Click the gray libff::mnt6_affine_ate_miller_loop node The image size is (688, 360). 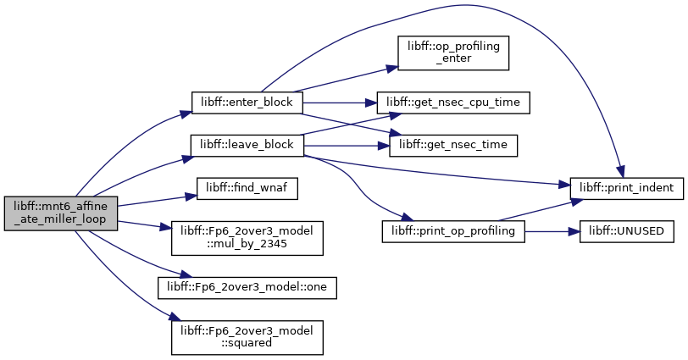point(61,213)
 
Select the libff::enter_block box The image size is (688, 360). point(247,102)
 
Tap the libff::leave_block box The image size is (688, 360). point(247,145)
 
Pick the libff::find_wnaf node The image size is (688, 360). point(247,189)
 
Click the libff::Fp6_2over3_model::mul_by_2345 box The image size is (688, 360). point(247,238)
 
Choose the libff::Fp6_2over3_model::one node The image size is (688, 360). point(247,288)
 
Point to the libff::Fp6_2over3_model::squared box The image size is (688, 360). point(247,338)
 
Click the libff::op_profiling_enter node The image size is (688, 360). point(453,53)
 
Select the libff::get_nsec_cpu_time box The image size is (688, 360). point(453,102)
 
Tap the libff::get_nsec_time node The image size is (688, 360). point(453,145)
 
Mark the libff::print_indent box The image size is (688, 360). point(627,189)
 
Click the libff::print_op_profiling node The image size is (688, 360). point(453,231)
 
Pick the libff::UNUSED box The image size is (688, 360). point(627,231)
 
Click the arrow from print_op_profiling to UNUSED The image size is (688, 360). point(552,231)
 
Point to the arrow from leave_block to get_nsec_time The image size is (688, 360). point(347,146)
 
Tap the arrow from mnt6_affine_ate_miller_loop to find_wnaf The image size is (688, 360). point(157,201)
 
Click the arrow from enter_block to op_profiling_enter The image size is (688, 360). point(346,80)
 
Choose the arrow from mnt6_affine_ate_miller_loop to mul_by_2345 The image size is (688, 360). point(144,225)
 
